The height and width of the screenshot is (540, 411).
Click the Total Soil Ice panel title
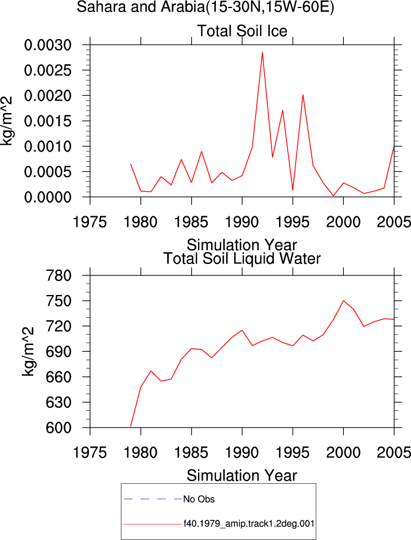(x=242, y=31)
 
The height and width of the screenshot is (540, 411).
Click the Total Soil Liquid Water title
(x=242, y=259)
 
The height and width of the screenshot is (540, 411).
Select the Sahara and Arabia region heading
(x=205, y=7)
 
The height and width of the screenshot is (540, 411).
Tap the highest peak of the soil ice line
(x=262, y=52)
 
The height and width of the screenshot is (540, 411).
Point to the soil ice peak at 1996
(x=303, y=94)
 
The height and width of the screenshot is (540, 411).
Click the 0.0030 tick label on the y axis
(x=48, y=45)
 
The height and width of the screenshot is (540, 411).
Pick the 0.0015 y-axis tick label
(x=48, y=121)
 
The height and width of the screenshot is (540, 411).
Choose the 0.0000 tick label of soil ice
(x=48, y=197)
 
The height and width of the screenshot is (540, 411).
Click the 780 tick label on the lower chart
(x=59, y=275)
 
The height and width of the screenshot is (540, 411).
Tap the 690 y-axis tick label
(x=59, y=352)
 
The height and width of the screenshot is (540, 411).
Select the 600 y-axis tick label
(x=59, y=428)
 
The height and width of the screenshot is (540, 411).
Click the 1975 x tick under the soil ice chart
(x=90, y=222)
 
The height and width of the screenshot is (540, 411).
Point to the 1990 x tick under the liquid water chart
(x=242, y=453)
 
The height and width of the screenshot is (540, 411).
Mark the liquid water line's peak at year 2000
(x=343, y=301)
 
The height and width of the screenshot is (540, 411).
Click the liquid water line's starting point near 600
(x=131, y=426)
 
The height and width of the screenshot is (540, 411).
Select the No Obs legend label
(x=199, y=499)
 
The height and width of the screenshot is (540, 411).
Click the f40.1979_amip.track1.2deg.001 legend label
(x=249, y=524)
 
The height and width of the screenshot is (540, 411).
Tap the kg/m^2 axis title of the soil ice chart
(x=6, y=121)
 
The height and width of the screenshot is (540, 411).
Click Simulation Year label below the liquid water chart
(x=242, y=476)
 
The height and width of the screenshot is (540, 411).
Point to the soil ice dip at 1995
(x=293, y=190)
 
